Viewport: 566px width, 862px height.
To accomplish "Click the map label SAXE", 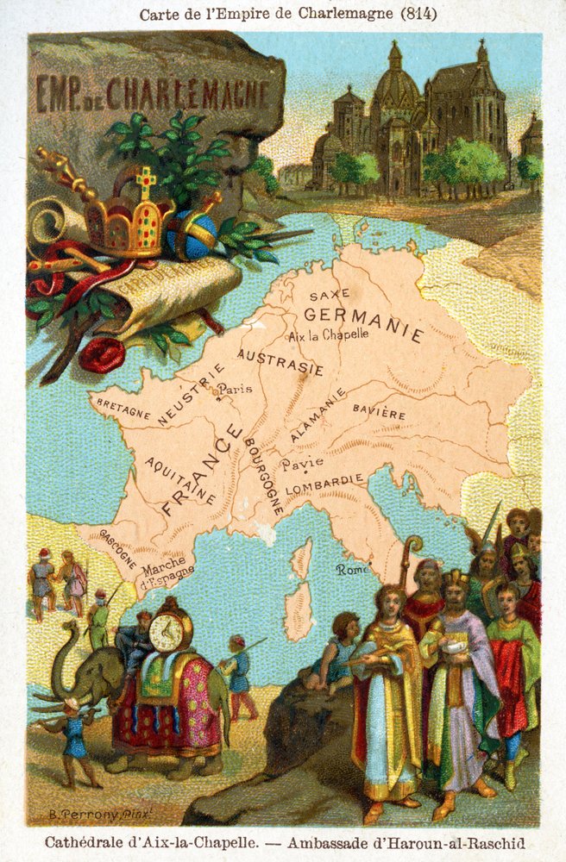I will tap(329, 294).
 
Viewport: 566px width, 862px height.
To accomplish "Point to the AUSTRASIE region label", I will tap(280, 362).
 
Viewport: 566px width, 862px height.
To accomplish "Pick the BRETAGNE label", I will tap(123, 409).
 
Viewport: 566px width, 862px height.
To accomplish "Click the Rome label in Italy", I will tap(353, 569).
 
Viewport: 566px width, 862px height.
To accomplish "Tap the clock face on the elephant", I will tap(165, 633).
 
